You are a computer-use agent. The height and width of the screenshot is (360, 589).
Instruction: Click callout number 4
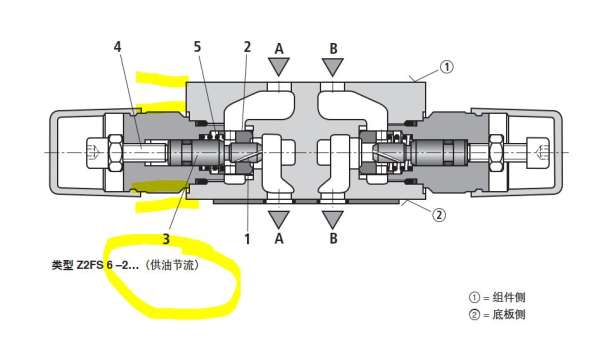118,47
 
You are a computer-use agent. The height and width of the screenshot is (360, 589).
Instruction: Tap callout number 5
197,47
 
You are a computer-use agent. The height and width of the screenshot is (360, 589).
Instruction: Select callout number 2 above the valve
247,47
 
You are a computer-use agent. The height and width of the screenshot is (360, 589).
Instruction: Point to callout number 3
166,239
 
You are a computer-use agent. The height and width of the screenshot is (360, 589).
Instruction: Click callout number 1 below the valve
247,239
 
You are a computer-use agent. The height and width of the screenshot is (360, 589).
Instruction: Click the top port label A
279,48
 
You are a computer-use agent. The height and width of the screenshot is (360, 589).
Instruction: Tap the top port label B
333,48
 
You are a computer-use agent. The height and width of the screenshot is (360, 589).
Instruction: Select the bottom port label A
279,238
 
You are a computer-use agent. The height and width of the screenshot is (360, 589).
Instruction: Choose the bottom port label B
333,238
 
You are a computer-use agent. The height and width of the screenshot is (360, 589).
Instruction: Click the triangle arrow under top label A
279,65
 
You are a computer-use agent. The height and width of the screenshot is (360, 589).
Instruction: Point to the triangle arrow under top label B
333,65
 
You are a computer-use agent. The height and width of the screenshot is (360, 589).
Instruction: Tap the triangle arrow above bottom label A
279,218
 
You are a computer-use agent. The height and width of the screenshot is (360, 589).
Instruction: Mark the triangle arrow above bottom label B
333,218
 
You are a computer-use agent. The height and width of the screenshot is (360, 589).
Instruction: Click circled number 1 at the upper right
446,67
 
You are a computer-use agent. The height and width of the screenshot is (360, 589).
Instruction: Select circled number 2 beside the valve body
439,215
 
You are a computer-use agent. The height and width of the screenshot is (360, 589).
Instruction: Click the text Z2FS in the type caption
90,265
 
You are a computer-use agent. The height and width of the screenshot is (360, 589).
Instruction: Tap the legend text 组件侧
509,297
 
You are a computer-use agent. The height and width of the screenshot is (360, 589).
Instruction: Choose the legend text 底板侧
509,314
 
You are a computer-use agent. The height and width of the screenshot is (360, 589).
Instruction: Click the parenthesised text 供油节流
173,265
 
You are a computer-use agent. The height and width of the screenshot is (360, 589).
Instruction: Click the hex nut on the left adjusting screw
115,152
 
